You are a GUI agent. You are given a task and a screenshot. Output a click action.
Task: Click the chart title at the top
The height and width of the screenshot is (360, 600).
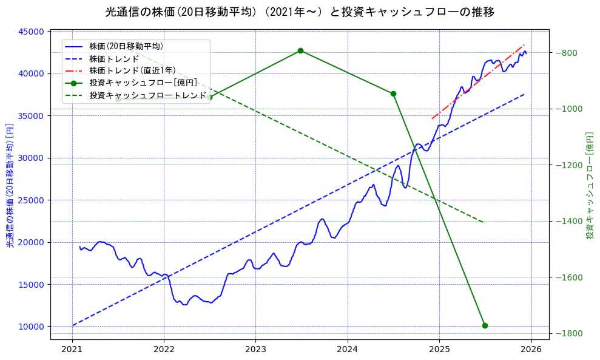tap(300, 12)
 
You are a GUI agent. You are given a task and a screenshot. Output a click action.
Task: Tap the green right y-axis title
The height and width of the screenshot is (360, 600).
tap(589, 185)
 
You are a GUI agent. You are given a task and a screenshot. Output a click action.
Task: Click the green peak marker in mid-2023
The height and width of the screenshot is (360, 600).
tap(300, 51)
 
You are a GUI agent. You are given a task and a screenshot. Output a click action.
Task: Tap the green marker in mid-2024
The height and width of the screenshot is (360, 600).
tap(393, 93)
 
